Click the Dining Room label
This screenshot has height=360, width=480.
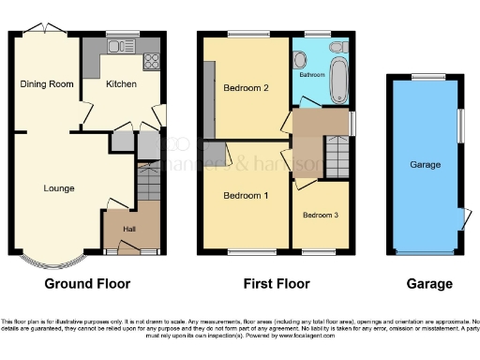pyautogui.click(x=47, y=84)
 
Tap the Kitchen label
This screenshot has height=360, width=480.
pyautogui.click(x=121, y=84)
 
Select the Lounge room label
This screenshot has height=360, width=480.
pyautogui.click(x=58, y=188)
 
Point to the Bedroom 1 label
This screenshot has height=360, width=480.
pyautogui.click(x=246, y=196)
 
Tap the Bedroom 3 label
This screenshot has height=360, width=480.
pyautogui.click(x=321, y=215)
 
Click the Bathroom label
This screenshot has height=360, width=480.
pyautogui.click(x=312, y=74)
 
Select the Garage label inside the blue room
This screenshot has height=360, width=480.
pyautogui.click(x=425, y=164)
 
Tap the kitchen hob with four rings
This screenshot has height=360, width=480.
pyautogui.click(x=151, y=62)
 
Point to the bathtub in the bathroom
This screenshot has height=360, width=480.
pyautogui.click(x=338, y=75)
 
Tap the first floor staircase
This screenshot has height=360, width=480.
pyautogui.click(x=337, y=155)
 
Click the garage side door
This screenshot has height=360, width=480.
pyautogui.click(x=464, y=217)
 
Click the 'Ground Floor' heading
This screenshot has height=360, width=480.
pyautogui.click(x=87, y=283)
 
